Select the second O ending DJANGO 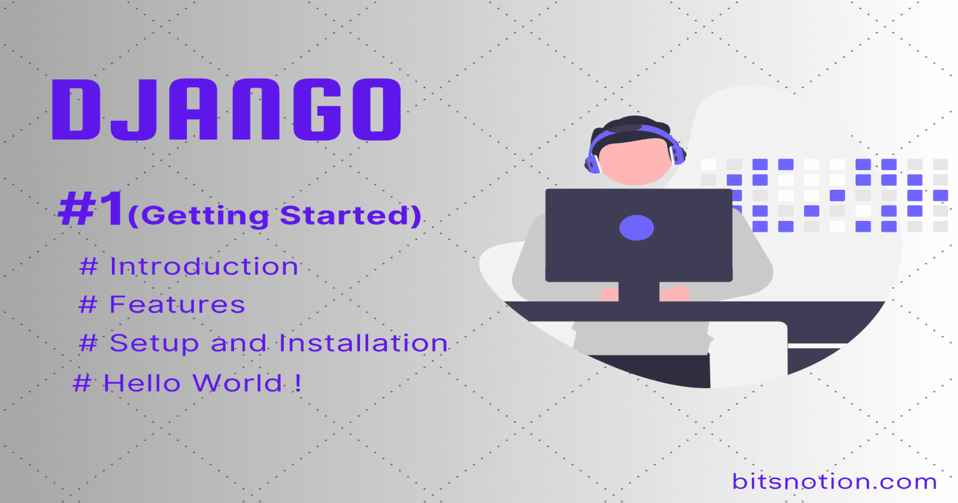[376, 110]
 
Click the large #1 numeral [92, 209]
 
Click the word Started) [351, 216]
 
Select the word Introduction [204, 266]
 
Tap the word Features [177, 305]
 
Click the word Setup [154, 344]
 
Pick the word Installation [363, 343]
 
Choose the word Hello [142, 383]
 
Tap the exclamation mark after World [298, 383]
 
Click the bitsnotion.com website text [834, 481]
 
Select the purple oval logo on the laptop [636, 228]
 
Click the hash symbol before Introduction [89, 266]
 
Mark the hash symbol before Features [88, 305]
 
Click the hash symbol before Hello [82, 383]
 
